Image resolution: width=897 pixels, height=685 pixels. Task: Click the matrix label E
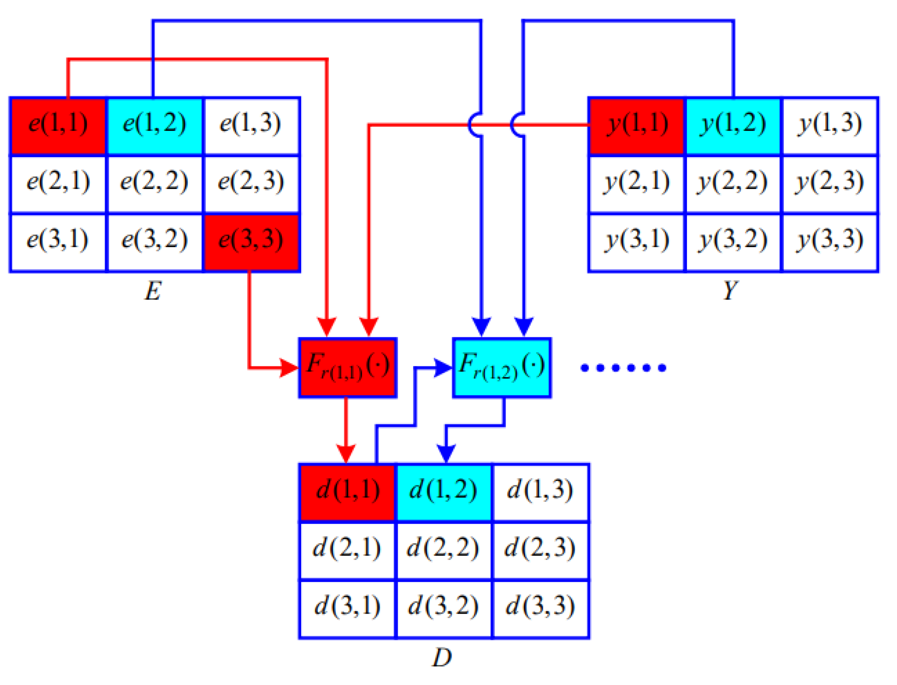click(153, 291)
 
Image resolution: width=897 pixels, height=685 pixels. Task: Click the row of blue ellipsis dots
click(623, 368)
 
